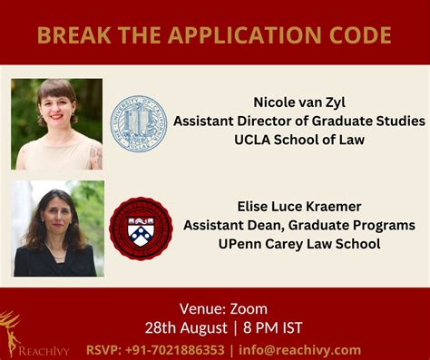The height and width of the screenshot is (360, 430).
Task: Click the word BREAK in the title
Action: tap(68, 36)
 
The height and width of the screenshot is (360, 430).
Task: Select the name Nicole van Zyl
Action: tap(299, 102)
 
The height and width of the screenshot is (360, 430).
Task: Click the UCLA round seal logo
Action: tap(139, 123)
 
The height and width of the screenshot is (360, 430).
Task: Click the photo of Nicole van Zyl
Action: tap(56, 123)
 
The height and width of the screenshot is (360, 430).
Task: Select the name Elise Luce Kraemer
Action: tap(298, 206)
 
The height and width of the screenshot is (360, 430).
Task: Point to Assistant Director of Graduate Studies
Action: tap(298, 121)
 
